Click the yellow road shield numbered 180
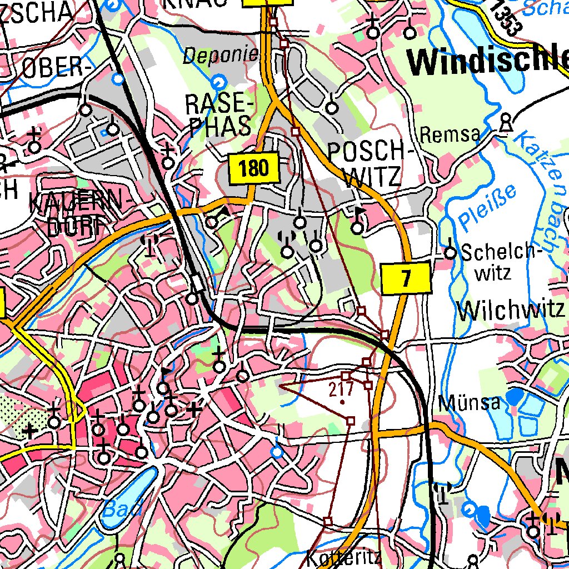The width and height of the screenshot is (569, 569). pos(253,168)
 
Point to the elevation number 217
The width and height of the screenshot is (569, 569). pos(341,389)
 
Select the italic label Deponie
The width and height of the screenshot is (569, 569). pos(221,54)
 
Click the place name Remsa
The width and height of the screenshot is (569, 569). pos(450,134)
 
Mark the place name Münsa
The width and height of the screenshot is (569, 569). pos(470,402)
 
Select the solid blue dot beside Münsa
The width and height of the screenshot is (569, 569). pos(515,396)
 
